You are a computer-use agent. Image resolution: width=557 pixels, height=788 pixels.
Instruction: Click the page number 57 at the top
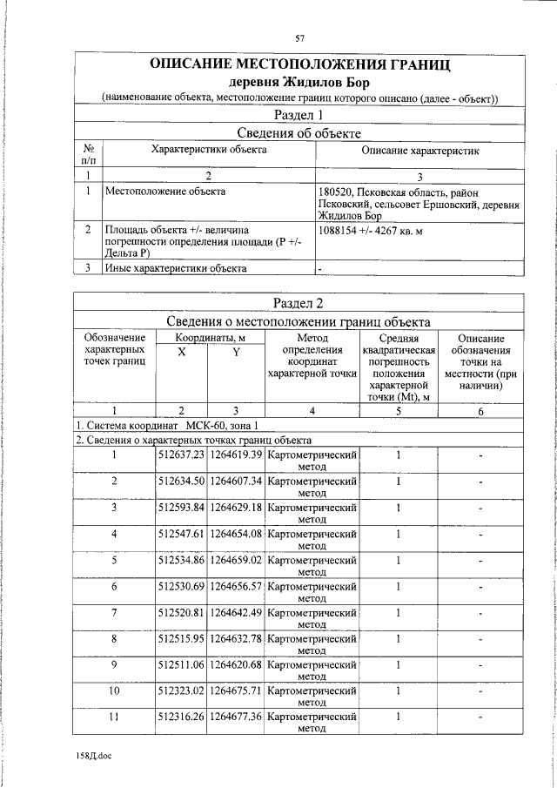(299, 37)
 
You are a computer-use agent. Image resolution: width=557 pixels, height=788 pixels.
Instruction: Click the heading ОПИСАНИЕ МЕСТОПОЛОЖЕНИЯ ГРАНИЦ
(300, 64)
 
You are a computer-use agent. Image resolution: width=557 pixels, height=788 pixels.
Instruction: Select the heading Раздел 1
(299, 115)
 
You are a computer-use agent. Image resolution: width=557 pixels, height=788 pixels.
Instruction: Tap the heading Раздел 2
(299, 302)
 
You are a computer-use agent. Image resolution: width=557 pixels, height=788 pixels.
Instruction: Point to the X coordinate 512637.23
(181, 455)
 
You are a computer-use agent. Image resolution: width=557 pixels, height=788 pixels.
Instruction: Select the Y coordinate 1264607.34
(236, 481)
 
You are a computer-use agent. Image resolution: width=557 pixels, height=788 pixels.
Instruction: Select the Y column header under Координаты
(236, 352)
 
